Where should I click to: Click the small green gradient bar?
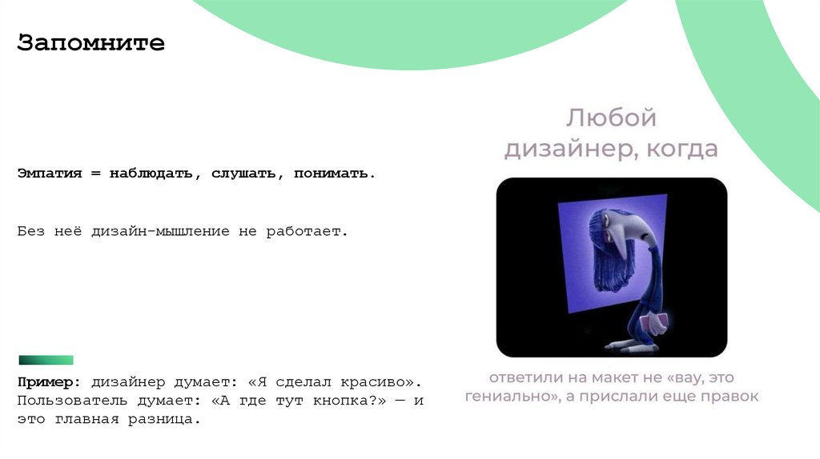[46, 360]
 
